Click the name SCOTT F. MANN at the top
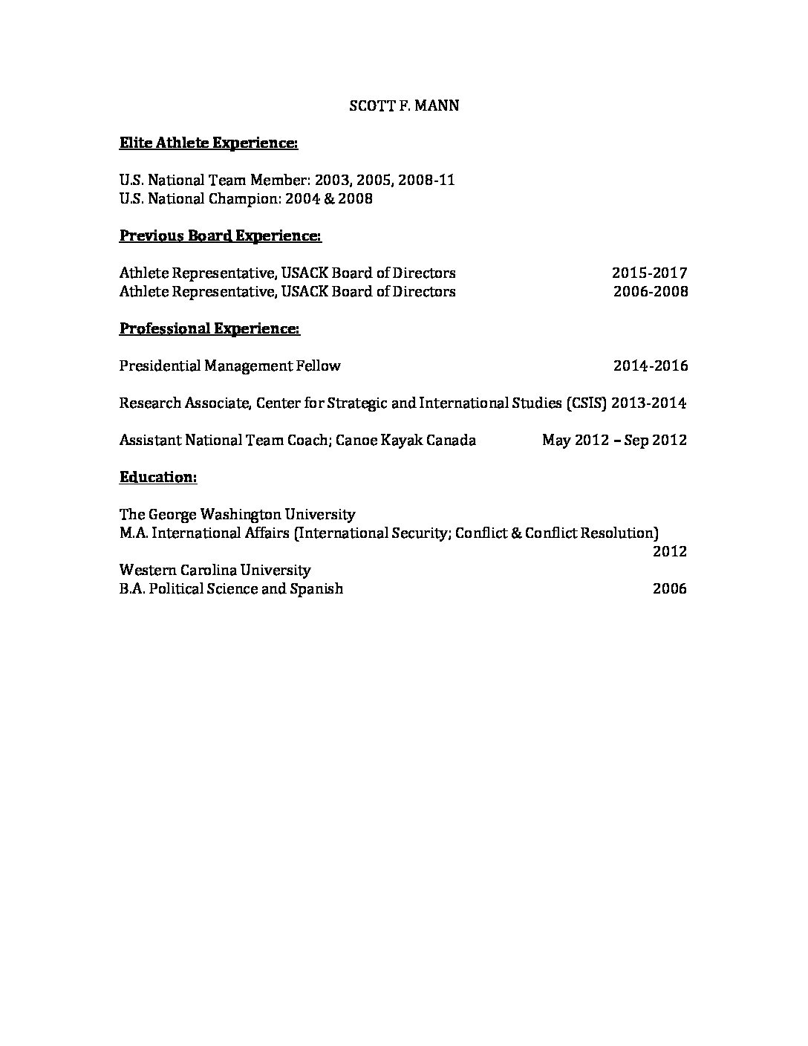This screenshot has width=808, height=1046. coord(404,105)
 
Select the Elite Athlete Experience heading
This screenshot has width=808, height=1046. coord(209,143)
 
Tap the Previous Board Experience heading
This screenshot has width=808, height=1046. coord(221,235)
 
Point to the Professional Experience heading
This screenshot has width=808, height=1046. coord(209,328)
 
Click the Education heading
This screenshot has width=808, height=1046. coord(158,477)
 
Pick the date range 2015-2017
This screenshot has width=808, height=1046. coord(650,273)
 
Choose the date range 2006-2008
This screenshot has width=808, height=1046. coord(651,291)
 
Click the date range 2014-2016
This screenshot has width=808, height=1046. coord(651,366)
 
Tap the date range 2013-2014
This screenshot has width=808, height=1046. coord(649,403)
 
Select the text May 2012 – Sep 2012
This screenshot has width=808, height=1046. coord(614,440)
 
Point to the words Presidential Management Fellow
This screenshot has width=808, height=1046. coord(229,366)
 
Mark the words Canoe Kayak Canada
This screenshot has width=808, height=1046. coord(405,440)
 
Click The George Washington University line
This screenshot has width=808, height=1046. coord(237,514)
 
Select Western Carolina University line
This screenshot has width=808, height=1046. coord(215,570)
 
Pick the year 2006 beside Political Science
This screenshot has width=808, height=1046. coord(669,589)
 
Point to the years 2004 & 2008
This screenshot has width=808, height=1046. coord(339,198)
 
